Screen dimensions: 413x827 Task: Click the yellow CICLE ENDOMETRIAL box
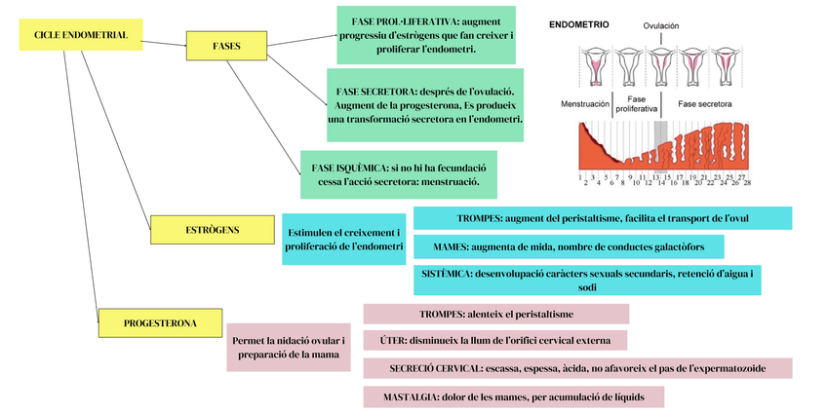point(80,36)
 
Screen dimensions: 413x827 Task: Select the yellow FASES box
point(226,46)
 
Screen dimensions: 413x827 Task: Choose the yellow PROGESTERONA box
point(160,322)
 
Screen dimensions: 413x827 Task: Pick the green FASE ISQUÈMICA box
point(398,174)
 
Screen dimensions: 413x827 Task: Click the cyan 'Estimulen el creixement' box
point(343,240)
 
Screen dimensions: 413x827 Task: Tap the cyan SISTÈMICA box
point(587,281)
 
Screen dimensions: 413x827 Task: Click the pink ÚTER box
point(494,340)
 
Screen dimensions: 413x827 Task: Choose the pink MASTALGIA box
point(513,396)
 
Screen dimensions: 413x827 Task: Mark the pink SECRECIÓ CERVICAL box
point(576,368)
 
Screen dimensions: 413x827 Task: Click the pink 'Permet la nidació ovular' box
point(289,347)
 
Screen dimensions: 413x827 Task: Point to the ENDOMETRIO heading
point(579,23)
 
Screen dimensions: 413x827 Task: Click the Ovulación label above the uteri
point(660,26)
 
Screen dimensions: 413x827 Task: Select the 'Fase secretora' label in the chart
point(705,103)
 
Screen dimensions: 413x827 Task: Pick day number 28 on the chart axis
point(747,182)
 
